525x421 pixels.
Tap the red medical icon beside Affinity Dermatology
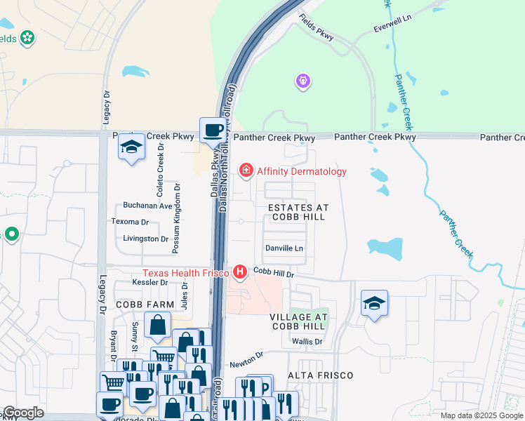246,170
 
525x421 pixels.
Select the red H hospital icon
240,272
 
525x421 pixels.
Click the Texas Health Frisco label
187,272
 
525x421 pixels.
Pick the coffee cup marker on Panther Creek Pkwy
213,130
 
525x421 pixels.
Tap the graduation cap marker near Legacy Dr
131,146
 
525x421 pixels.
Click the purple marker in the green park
303,82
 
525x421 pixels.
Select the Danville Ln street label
284,248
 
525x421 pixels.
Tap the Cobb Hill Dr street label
272,271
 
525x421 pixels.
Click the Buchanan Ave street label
147,206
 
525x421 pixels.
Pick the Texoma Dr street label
131,222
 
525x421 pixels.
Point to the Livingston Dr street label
140,239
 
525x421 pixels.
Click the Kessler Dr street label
149,283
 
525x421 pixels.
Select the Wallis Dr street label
307,342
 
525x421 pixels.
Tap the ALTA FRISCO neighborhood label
321,375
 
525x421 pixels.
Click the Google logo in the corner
23,413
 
